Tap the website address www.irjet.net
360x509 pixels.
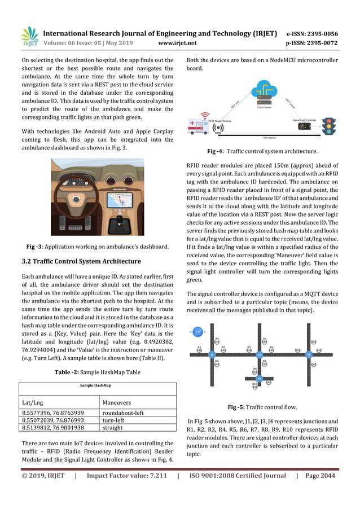pos(177,43)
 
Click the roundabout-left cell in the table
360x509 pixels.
pos(124,413)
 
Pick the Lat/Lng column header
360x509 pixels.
pos(32,402)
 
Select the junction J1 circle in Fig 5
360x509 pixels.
pos(212,354)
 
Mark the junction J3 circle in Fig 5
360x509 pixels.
pos(260,379)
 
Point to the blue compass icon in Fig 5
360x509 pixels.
pos(197,332)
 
